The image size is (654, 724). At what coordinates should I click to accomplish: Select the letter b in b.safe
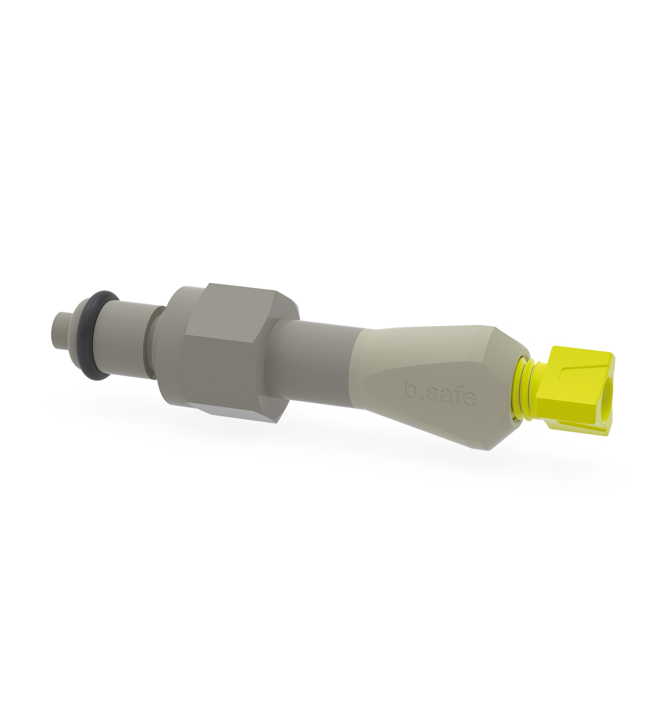pos(411,388)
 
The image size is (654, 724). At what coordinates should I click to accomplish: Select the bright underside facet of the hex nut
pos(233,414)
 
